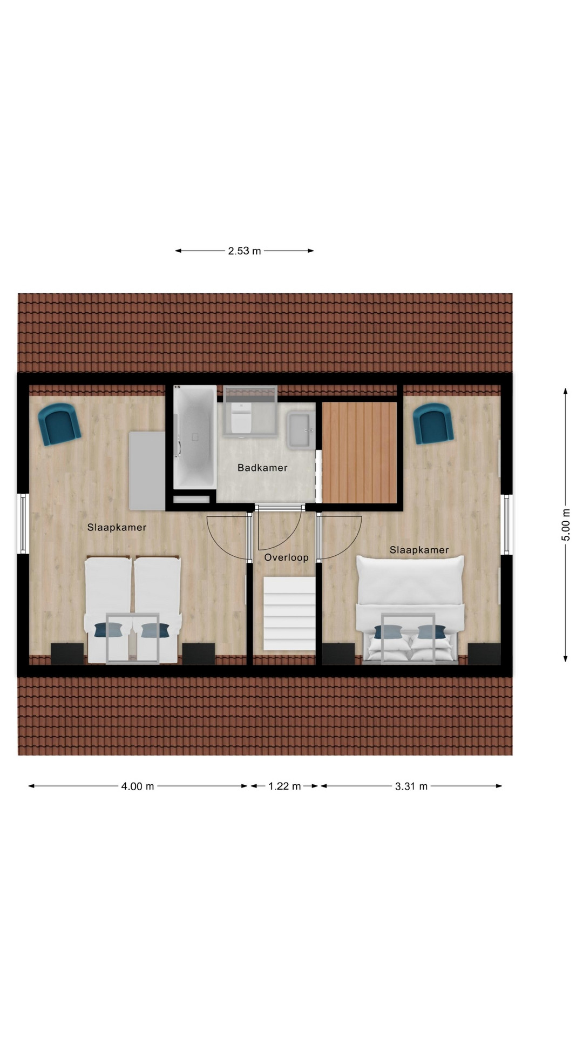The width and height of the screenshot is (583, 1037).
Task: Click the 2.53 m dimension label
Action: pos(245,251)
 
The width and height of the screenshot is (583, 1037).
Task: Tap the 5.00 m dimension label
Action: pos(566,524)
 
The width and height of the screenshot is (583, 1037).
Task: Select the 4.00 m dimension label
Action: pos(138,786)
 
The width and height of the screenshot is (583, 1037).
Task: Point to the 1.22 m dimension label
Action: pos(284,786)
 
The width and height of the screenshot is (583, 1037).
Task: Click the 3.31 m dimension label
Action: pos(411,786)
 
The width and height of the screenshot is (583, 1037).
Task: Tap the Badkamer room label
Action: pos(262,468)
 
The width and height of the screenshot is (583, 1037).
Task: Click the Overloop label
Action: pos(286,557)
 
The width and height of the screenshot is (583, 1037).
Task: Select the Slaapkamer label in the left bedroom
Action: pos(117,528)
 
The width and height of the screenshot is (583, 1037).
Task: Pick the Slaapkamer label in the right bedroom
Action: pos(419,550)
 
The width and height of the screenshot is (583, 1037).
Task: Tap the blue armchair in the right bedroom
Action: pos(433,424)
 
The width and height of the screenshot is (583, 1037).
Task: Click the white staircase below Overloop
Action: pos(289,613)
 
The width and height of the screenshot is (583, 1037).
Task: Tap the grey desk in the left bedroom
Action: pos(147,470)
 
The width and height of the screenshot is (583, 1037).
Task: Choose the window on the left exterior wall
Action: pos(23,523)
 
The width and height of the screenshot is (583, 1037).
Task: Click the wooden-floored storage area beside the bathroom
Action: pos(360,452)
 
